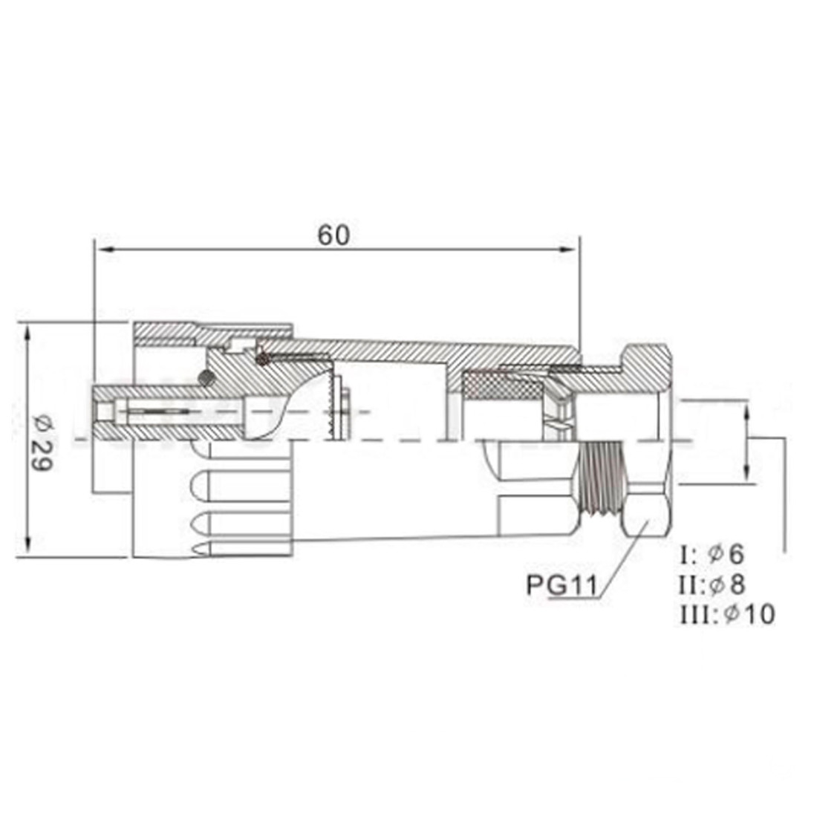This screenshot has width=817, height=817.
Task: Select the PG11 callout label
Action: (562, 585)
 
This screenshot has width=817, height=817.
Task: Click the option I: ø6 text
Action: (712, 554)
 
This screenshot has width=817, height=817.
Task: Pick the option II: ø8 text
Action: (712, 584)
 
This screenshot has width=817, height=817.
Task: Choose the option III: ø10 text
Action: (727, 613)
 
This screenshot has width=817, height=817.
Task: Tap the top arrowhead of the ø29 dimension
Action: (28, 331)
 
